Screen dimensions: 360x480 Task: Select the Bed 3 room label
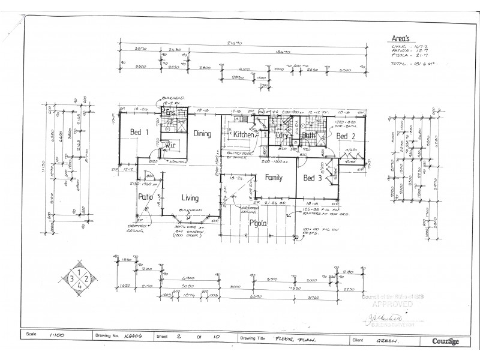(x=313, y=178)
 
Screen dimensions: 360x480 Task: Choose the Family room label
(x=274, y=178)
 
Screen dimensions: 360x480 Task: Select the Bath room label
(x=309, y=136)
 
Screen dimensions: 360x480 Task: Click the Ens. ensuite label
(x=170, y=112)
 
